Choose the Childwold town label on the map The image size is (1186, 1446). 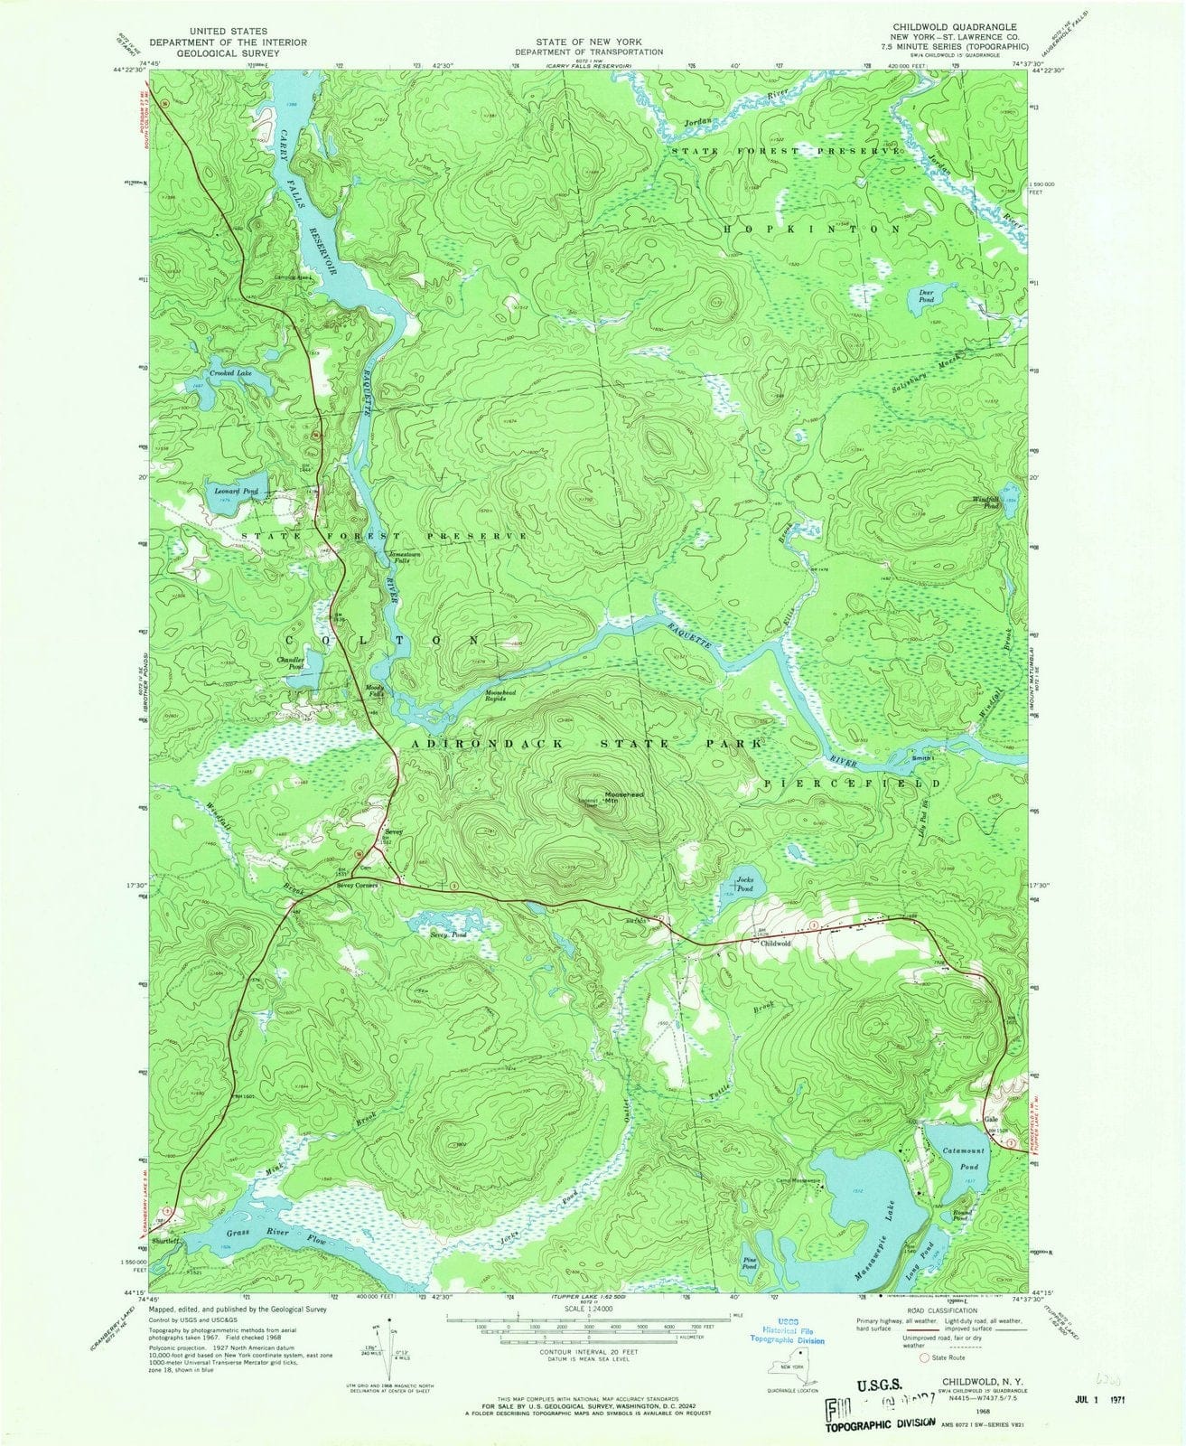(x=775, y=943)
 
